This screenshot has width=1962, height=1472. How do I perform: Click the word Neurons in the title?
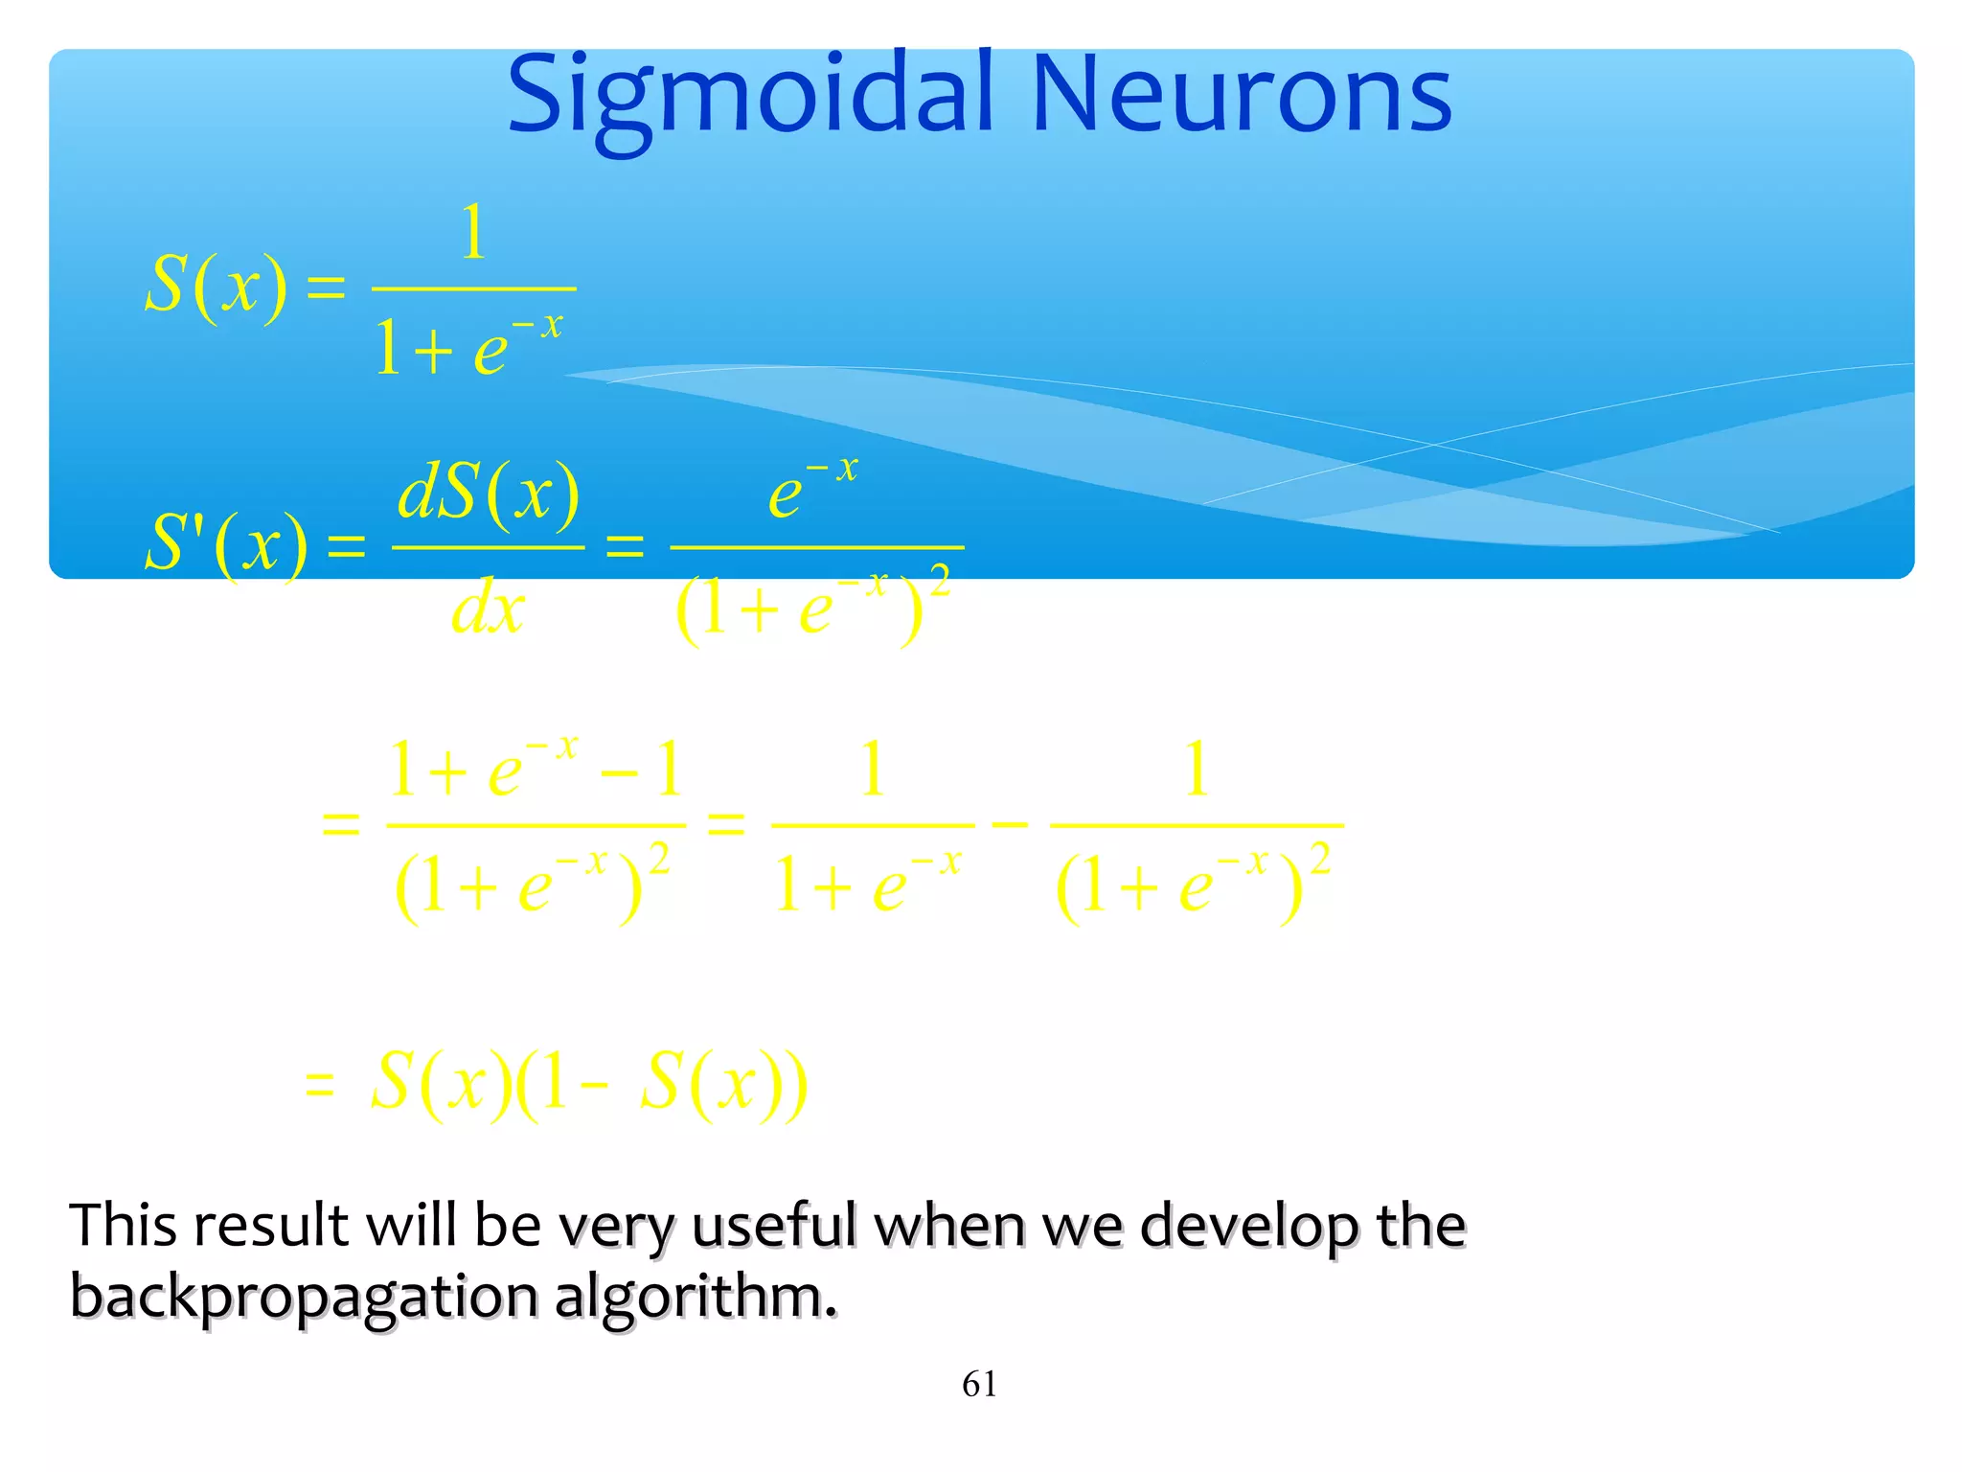click(1242, 96)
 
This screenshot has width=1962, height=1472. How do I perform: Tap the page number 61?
click(979, 1385)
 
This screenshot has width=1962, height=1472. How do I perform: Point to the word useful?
click(774, 1226)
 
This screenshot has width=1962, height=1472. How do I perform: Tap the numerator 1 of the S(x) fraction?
click(473, 233)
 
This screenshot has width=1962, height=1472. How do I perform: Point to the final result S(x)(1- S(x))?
click(588, 1083)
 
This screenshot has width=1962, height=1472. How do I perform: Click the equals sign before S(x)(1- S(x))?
click(319, 1085)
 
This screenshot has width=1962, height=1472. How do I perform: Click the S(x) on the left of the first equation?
click(216, 286)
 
